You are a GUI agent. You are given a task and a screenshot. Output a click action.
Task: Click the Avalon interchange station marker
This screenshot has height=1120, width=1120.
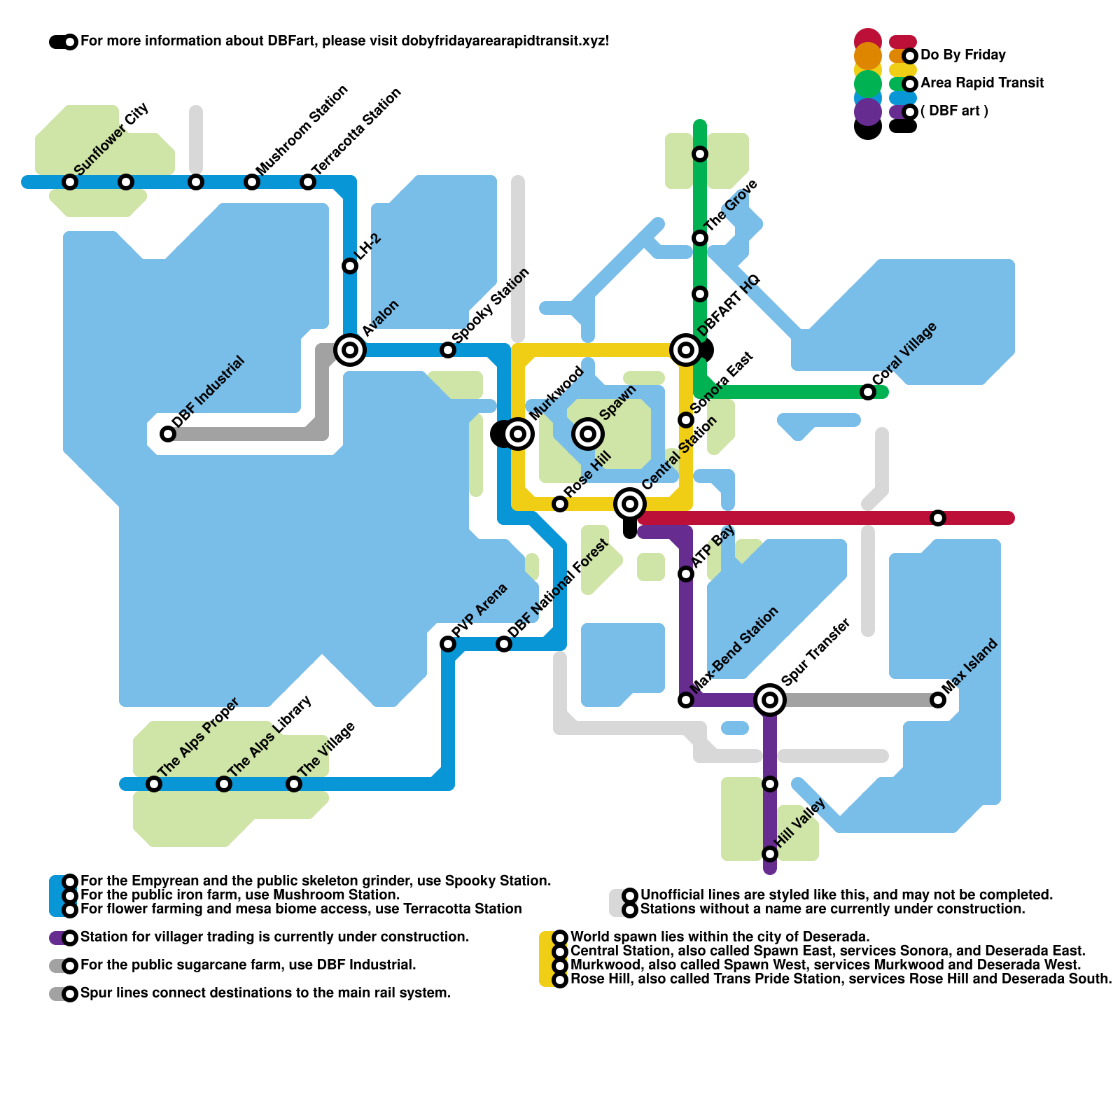point(350,349)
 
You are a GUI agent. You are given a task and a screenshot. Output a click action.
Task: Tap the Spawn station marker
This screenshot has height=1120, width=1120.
point(588,434)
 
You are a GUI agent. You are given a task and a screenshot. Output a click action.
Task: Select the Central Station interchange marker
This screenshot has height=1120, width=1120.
point(630,503)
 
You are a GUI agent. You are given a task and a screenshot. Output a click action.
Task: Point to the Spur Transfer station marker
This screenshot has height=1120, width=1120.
point(770,699)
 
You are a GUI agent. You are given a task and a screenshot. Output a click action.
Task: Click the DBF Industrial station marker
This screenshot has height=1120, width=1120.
point(168,434)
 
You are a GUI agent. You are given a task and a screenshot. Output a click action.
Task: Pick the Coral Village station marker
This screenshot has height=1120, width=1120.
point(868,392)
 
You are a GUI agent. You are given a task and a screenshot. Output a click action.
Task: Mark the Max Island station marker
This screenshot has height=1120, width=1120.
point(938,699)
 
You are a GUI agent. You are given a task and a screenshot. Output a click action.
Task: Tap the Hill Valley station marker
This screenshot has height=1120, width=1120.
point(770,853)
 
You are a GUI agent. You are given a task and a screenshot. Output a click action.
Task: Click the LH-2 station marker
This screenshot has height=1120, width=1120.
point(350,266)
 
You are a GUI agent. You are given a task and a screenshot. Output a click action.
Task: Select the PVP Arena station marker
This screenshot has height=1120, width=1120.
point(448,644)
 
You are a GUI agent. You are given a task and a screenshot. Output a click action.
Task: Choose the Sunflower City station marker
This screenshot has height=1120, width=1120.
point(70,182)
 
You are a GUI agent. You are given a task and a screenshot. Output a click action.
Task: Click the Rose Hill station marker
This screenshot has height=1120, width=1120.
point(560,504)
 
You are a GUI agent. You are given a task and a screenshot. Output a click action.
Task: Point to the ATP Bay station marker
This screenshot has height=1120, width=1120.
point(686,574)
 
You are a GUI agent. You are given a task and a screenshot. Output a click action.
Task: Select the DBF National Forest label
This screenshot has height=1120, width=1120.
point(558,589)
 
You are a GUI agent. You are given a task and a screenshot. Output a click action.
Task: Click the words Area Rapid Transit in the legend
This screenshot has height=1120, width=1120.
point(981,83)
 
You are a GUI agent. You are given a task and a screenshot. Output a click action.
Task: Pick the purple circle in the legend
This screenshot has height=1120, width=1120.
point(868,111)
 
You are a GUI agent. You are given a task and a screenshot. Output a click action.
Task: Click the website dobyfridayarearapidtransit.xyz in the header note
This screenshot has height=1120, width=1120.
point(505,41)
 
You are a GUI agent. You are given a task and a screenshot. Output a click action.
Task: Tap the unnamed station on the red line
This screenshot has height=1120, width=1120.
point(938,518)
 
